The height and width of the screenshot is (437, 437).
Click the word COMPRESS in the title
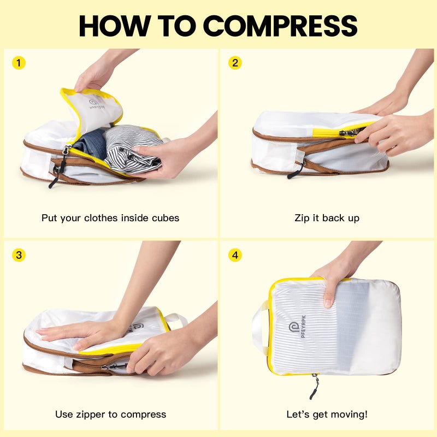[280, 25]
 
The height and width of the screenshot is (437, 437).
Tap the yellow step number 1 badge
[19, 63]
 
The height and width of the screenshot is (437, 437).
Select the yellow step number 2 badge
[235, 63]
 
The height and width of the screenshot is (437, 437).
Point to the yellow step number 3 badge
[19, 255]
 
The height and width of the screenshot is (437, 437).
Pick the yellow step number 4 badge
[235, 255]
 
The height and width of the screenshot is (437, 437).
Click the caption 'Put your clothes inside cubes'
[110, 218]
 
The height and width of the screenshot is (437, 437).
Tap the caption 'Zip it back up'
[327, 218]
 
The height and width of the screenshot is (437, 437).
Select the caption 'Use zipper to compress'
[110, 414]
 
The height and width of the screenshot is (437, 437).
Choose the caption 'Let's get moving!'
[327, 414]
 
